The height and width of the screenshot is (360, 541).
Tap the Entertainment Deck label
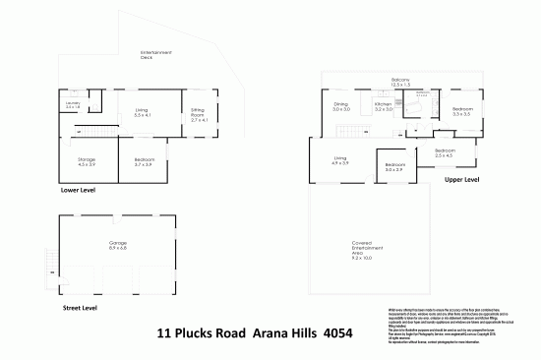click(156, 54)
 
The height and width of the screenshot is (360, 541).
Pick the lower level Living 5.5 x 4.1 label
click(141, 113)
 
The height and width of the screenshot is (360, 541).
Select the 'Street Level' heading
click(79, 307)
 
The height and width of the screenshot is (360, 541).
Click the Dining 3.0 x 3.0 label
click(341, 106)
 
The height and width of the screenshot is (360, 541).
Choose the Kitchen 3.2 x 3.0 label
click(384, 106)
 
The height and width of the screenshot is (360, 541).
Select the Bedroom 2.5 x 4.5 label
click(445, 152)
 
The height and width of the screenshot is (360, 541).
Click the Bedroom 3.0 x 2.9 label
click(395, 167)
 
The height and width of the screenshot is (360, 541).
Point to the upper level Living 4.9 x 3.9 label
click(340, 160)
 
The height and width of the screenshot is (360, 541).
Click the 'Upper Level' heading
click(461, 181)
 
